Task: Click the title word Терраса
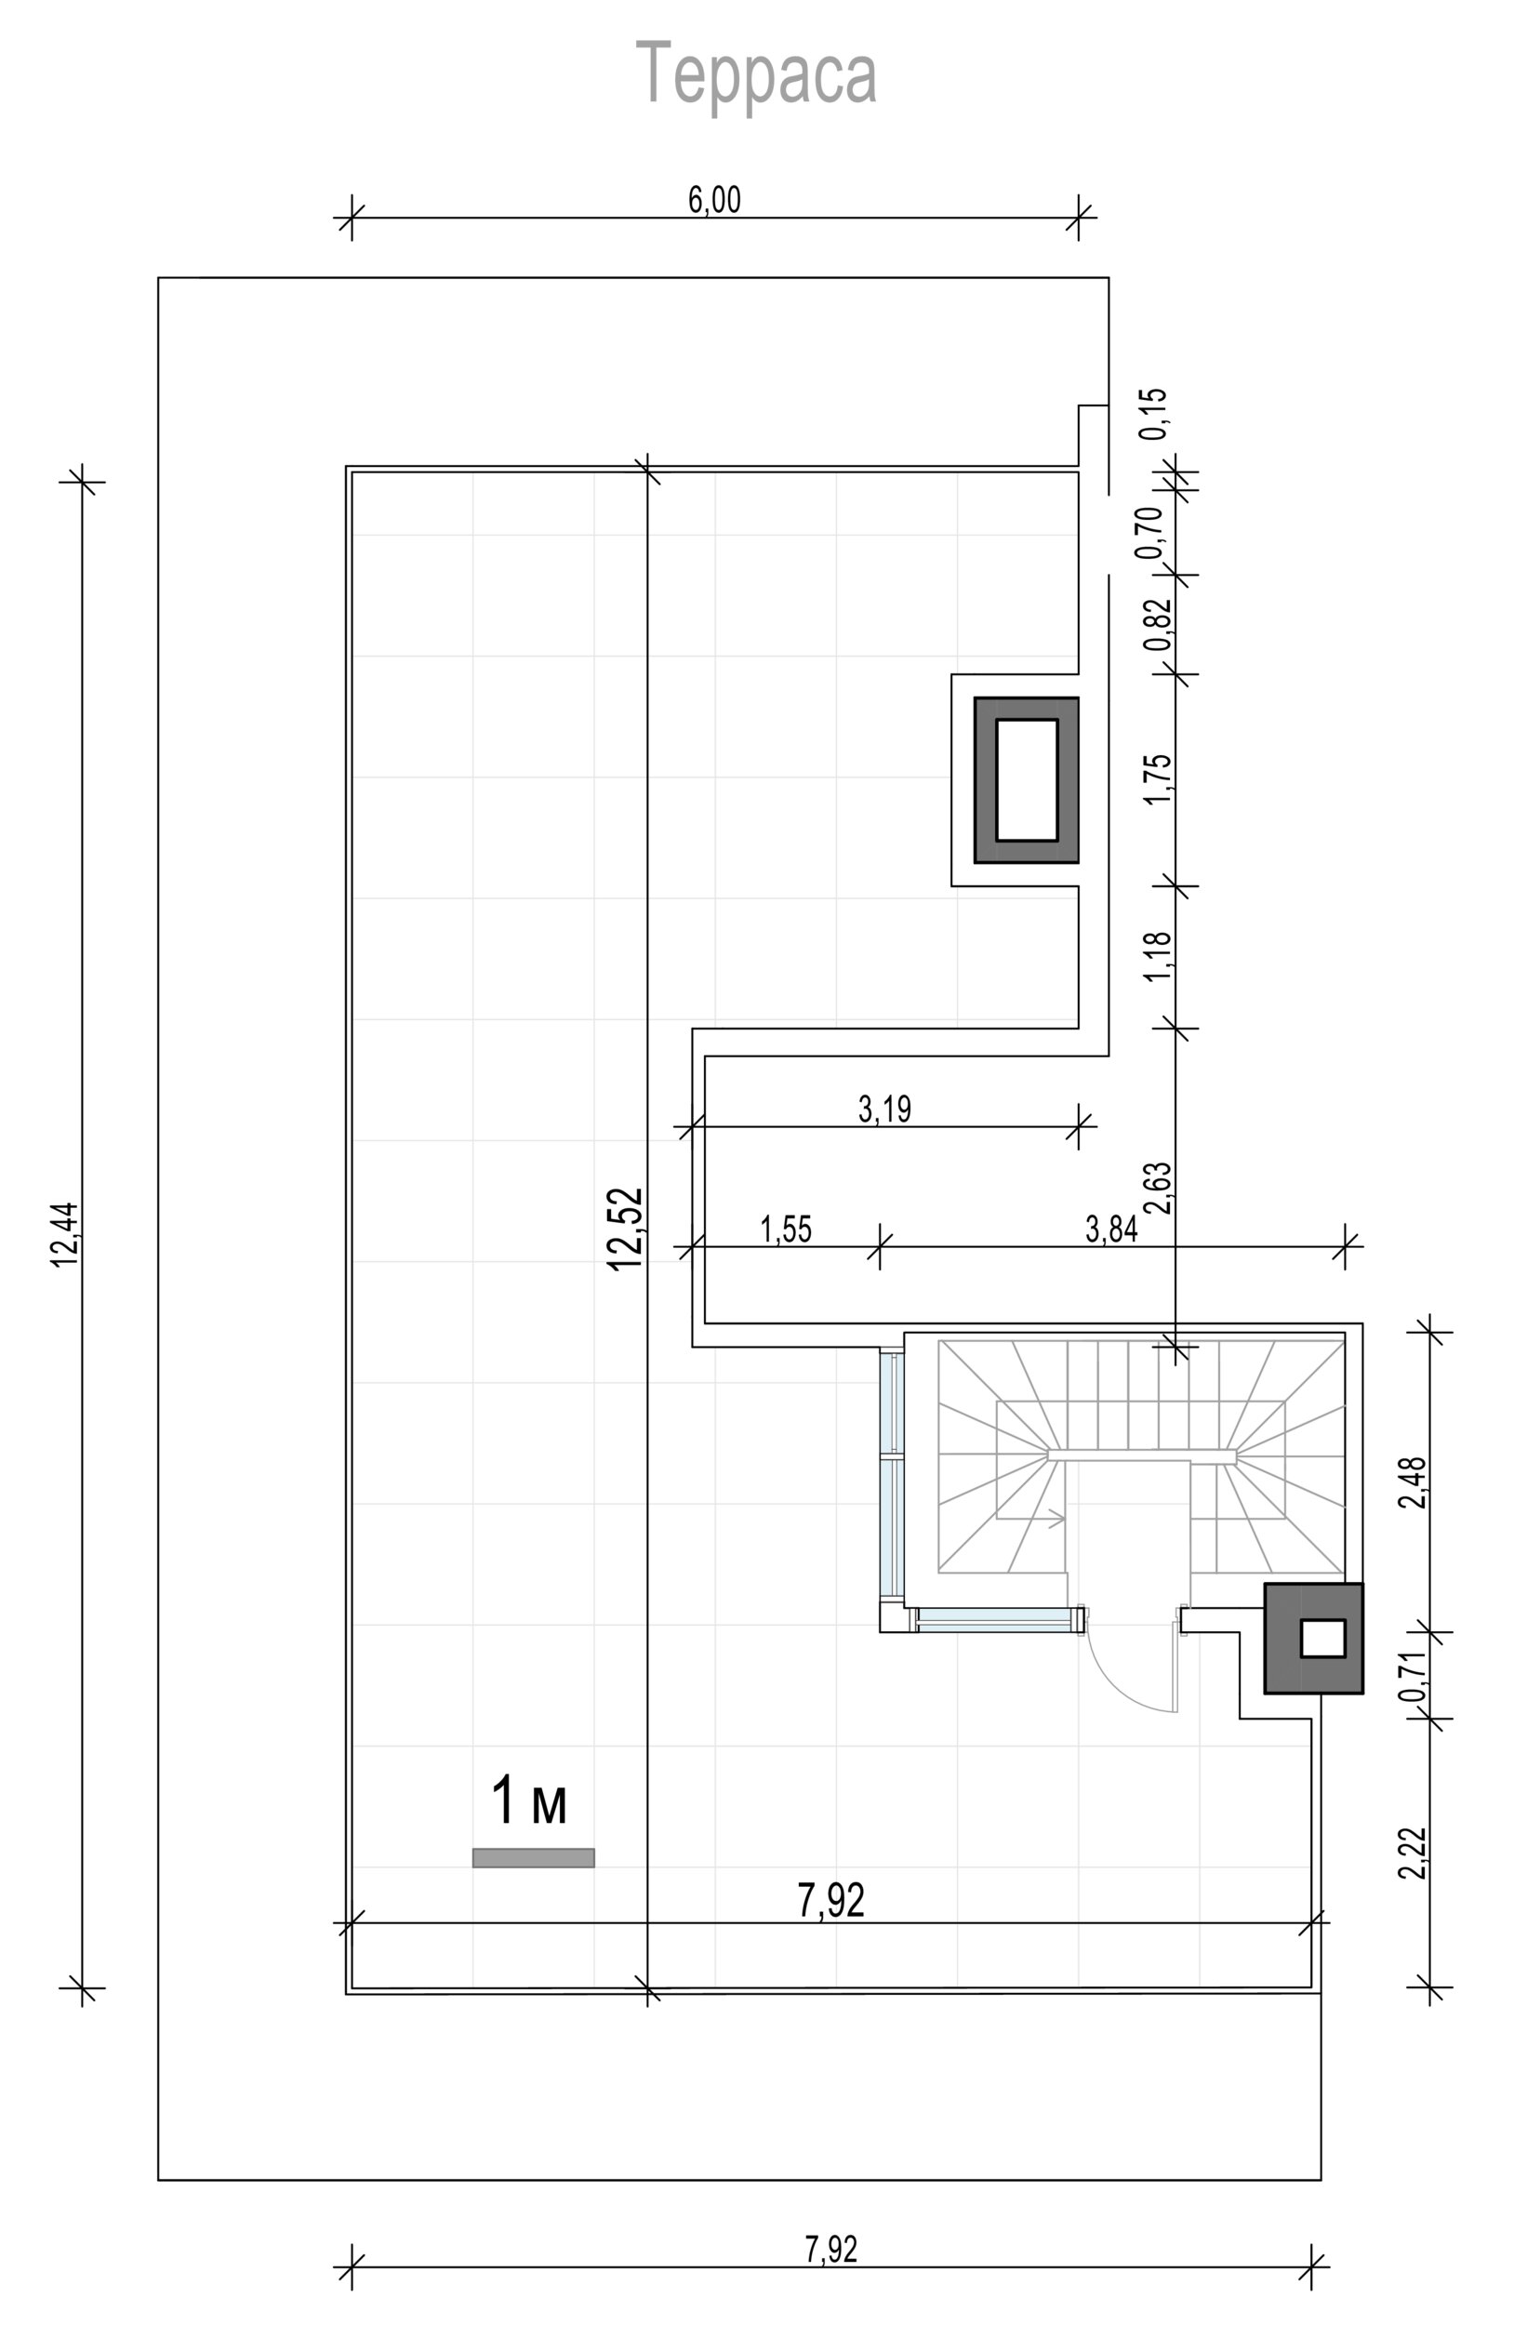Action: [x=756, y=74]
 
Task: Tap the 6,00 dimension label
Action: [x=715, y=199]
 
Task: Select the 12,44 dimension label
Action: [x=65, y=1235]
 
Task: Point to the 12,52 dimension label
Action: [x=625, y=1228]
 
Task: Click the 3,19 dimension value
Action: [x=885, y=1109]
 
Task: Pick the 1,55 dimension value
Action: [x=787, y=1229]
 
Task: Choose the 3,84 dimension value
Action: [x=1111, y=1229]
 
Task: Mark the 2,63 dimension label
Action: [x=1158, y=1187]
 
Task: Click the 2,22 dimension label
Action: [x=1413, y=1853]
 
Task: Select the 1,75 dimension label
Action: [x=1158, y=778]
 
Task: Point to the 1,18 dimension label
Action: [x=1158, y=956]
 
